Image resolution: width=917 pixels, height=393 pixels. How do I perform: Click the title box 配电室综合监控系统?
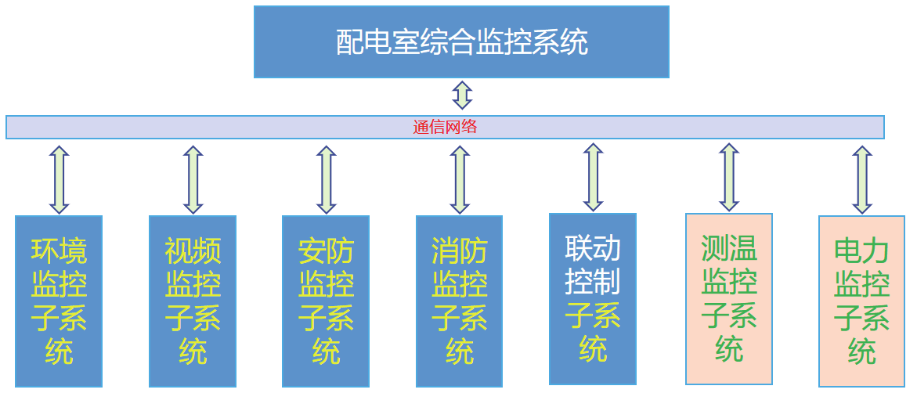[x=461, y=41]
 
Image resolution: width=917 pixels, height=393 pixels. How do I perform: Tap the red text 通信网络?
[x=445, y=128]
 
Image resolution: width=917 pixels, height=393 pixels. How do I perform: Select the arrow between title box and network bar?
[x=462, y=95]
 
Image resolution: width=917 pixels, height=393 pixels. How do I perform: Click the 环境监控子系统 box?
[x=59, y=301]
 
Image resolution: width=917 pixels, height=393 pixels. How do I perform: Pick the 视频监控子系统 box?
[x=193, y=301]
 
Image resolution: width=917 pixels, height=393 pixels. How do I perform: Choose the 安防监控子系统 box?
[x=326, y=301]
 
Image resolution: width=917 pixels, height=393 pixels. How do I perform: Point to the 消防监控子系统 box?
[x=459, y=301]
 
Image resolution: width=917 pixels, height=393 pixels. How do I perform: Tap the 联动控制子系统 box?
[x=593, y=298]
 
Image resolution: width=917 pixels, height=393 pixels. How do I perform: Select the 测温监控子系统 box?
[x=729, y=298]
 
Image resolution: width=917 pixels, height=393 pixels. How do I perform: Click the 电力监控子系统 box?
[x=861, y=301]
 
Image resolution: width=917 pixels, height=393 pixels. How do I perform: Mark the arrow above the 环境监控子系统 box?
[x=59, y=179]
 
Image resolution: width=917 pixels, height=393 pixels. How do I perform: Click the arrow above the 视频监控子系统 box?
[x=193, y=179]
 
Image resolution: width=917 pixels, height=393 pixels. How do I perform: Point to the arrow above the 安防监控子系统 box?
[x=326, y=179]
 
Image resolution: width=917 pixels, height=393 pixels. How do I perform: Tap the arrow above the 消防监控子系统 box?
[x=460, y=179]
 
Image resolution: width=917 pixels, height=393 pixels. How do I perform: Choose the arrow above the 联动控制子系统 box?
[x=593, y=177]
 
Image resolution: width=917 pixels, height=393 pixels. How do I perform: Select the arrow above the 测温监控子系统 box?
[x=729, y=177]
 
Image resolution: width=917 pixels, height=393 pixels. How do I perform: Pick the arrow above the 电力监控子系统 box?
[x=861, y=179]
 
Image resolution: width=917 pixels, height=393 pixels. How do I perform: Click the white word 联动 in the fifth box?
[x=593, y=248]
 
